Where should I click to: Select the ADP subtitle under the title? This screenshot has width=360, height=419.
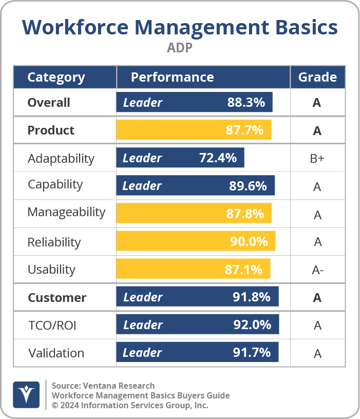[x=180, y=48]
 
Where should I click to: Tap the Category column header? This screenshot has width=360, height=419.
[x=56, y=78]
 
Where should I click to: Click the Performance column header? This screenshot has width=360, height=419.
[x=172, y=78]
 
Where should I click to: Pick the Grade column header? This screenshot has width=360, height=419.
[x=317, y=78]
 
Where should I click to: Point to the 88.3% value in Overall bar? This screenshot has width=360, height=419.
[x=246, y=103]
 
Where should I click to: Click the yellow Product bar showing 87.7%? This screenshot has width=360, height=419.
[x=194, y=130]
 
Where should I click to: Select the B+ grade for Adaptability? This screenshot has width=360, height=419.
[x=317, y=159]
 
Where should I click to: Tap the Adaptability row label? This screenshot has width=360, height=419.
[x=61, y=158]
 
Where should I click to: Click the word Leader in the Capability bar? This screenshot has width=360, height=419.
[x=142, y=186]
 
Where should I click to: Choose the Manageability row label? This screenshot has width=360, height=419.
[x=66, y=213]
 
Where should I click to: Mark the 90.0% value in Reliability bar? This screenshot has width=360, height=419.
[x=249, y=241]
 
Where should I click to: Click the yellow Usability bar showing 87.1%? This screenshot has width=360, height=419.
[x=193, y=269]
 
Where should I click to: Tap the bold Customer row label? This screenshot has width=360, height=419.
[x=57, y=298]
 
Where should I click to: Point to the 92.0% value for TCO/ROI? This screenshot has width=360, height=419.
[x=252, y=325]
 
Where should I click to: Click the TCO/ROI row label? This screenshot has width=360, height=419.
[x=52, y=326]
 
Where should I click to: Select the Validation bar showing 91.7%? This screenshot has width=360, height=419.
[x=197, y=353]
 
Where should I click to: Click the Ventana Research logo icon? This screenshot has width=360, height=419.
[x=26, y=395]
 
